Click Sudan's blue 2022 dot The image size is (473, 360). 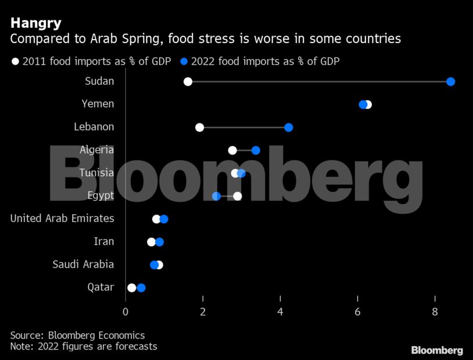(450, 81)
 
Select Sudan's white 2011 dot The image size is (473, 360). (188, 81)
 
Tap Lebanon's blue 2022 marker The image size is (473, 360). (289, 127)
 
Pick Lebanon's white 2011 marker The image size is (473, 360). (199, 127)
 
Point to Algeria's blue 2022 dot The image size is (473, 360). (256, 150)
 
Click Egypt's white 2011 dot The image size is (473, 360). (237, 196)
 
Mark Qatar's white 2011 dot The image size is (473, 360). (131, 288)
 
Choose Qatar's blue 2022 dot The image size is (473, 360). (141, 288)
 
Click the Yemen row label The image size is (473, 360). (98, 104)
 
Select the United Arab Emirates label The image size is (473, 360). (62, 219)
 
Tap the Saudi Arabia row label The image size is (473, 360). (83, 265)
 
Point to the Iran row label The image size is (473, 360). (104, 241)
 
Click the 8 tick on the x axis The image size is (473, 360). (435, 312)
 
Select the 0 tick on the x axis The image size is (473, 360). (126, 312)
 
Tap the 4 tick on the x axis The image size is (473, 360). (281, 312)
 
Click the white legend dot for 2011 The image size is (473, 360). (15, 61)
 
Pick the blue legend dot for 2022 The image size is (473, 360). (184, 61)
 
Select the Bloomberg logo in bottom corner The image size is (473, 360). (437, 350)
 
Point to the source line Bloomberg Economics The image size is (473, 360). (77, 336)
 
